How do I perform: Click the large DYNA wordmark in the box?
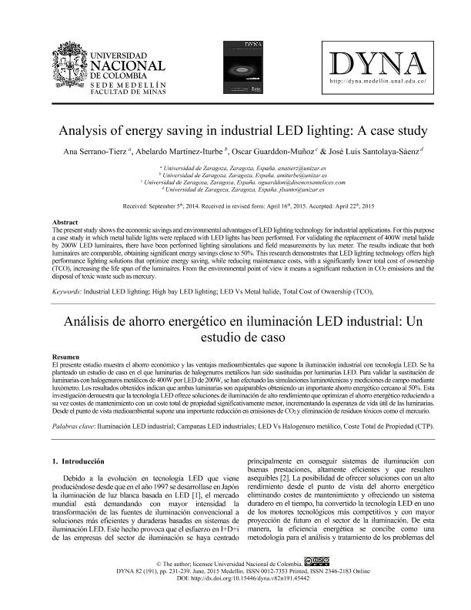coord(377,62)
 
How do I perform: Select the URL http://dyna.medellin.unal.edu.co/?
coord(377,80)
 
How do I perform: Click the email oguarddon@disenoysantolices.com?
coord(299,182)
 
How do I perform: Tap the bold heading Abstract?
coord(64,222)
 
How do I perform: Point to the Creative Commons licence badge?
coord(316,585)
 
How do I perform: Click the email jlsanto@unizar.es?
coord(301,189)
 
